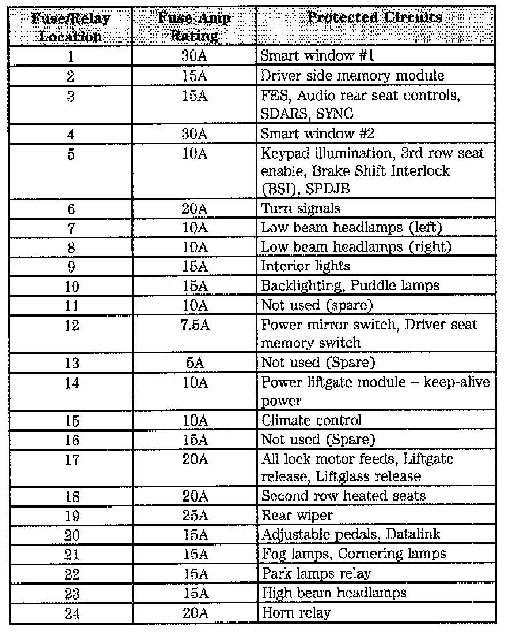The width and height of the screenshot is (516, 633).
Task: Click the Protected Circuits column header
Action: [375, 17]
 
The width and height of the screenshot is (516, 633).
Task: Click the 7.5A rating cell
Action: [195, 325]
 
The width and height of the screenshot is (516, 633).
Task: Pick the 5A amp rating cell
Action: [195, 363]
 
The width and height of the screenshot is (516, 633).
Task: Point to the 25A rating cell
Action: [195, 515]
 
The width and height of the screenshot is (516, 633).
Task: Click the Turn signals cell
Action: [301, 209]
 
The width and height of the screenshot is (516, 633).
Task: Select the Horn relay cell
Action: [296, 613]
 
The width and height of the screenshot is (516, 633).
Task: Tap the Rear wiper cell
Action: [297, 515]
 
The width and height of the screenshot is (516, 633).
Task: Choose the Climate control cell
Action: [312, 420]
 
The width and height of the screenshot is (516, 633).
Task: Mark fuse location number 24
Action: [71, 613]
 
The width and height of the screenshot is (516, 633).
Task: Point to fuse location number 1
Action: [71, 56]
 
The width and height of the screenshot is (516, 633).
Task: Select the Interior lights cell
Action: [305, 266]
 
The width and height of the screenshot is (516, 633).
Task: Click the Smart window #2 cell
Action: [318, 134]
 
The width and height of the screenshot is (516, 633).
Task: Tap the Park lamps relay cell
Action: [316, 574]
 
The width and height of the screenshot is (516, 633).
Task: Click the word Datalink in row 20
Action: [413, 535]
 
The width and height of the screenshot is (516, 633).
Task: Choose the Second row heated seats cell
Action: [344, 496]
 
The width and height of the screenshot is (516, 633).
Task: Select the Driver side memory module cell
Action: [352, 76]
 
